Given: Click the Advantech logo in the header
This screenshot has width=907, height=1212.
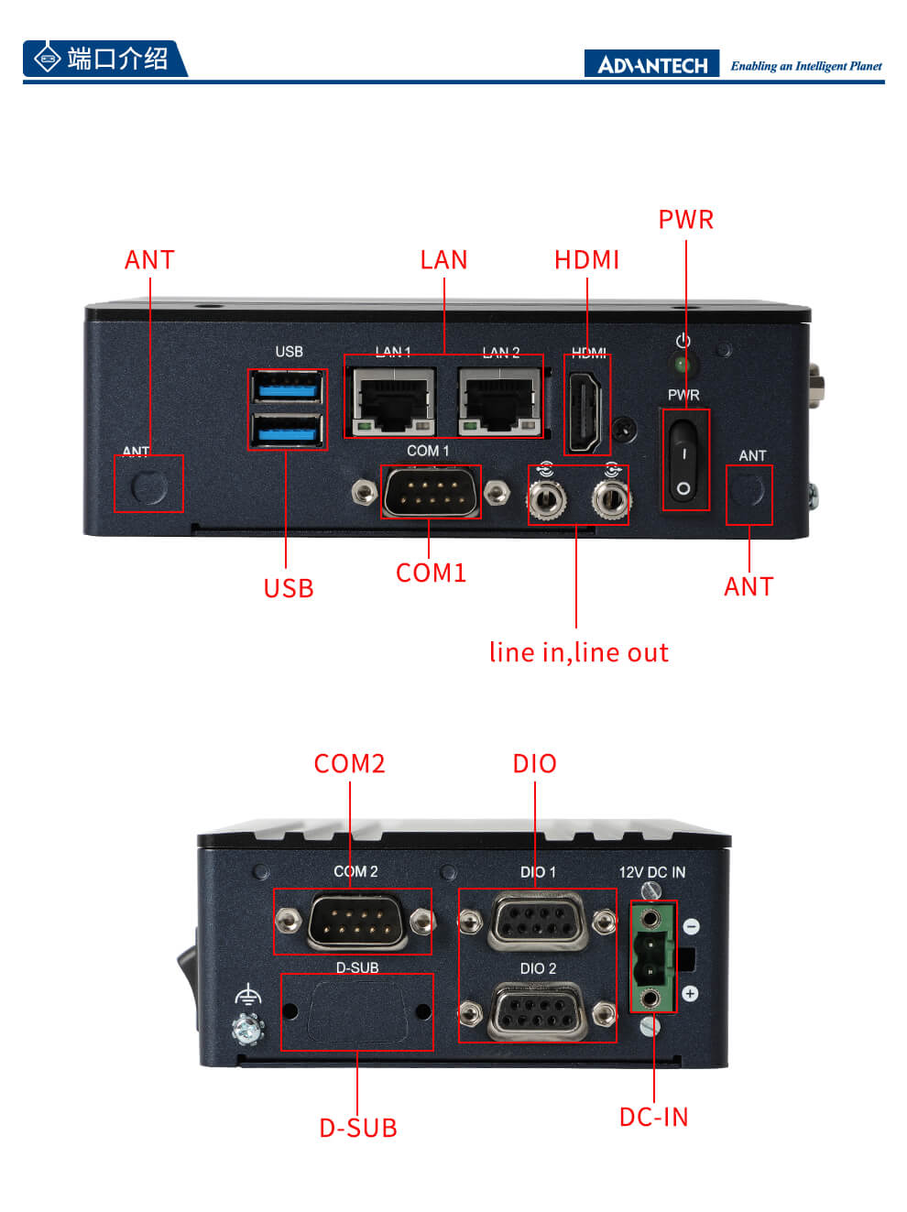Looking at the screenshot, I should pos(651,64).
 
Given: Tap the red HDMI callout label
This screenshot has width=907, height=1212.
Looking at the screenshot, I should pos(586,260).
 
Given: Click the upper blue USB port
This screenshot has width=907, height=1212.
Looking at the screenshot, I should pos(287,388).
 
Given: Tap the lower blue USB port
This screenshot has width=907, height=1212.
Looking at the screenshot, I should pos(287,429).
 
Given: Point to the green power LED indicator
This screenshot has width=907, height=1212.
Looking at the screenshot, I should pos(682,365).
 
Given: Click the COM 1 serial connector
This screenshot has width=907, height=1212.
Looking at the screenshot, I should pos(431,493).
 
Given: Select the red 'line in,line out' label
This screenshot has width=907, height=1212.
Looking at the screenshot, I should pos(578,652).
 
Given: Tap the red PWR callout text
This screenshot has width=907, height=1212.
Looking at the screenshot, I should pos(685,220).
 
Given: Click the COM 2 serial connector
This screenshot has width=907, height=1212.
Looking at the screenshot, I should pos(355,921).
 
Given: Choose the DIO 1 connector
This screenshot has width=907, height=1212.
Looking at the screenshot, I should pos(538,920).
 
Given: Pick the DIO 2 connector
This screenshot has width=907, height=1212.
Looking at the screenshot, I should pos(538,1011).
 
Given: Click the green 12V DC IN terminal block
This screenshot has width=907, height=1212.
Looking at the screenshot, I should pos(651,957).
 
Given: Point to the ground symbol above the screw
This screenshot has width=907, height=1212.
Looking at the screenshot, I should pos(247,996).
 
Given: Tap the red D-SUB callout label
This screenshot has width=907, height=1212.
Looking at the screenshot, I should pos(357,1128).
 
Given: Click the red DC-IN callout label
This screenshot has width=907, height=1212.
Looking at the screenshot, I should pos(653,1118).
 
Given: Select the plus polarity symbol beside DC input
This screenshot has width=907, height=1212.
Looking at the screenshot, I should pos(691,994).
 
